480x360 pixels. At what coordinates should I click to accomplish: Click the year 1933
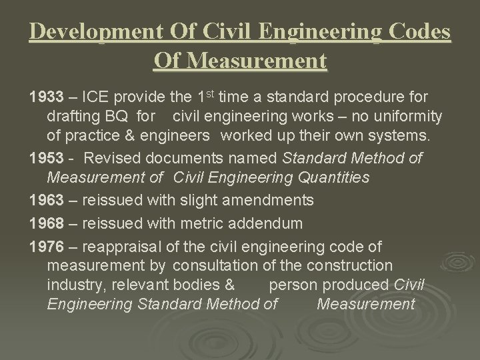[x=45, y=98]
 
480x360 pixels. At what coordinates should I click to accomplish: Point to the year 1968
[x=45, y=223]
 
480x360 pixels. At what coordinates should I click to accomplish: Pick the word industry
[x=75, y=285]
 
